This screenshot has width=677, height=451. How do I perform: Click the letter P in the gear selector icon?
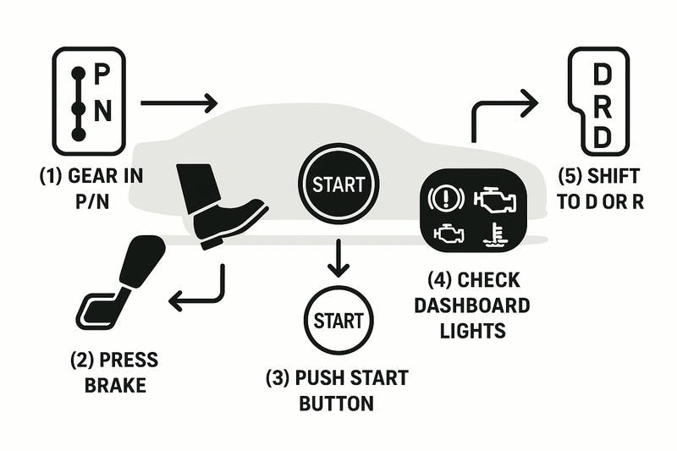(101, 73)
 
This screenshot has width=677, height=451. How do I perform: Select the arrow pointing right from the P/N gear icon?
(179, 103)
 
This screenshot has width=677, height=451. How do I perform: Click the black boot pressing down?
(215, 203)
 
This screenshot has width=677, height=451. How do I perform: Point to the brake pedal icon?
(123, 283)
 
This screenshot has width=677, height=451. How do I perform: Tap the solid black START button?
(338, 184)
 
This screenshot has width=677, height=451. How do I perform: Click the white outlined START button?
(338, 320)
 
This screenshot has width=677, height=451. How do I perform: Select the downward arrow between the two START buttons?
(338, 257)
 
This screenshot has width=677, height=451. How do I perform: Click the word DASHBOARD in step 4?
(471, 305)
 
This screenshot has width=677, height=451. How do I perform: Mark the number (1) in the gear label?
(53, 176)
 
